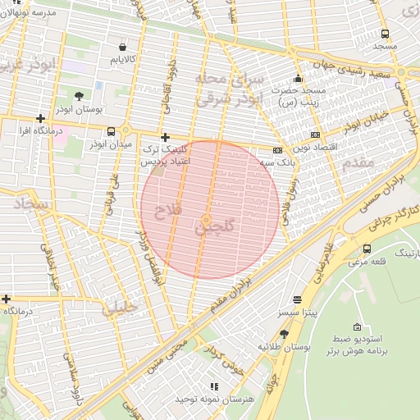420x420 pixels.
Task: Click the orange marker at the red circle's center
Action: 206,219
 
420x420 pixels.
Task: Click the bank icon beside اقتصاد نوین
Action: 315,135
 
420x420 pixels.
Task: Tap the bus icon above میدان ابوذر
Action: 112,131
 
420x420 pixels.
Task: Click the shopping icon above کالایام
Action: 123,47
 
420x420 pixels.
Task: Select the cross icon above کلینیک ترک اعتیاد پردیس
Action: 166,137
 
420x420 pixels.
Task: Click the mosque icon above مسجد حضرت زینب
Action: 297,77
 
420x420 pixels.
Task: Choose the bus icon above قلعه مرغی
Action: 366,249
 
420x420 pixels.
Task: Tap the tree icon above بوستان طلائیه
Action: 284,333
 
